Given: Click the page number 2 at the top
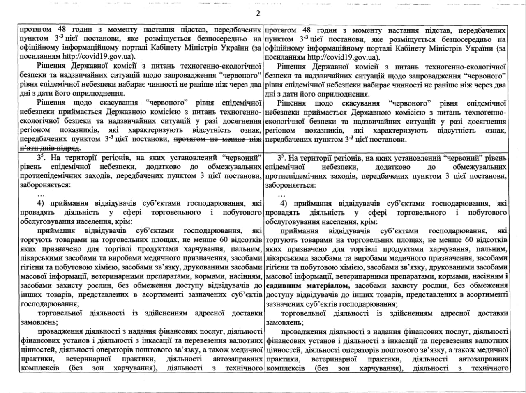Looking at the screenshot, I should tap(258, 14).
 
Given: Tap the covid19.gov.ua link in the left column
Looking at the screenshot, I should tap(99, 57).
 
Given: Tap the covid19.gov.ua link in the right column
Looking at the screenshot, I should tap(344, 57).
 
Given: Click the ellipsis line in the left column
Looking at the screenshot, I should tap(41, 194).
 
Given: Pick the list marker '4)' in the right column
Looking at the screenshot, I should tap(284, 204).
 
